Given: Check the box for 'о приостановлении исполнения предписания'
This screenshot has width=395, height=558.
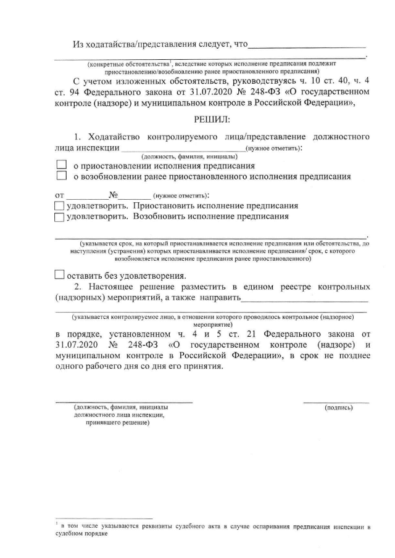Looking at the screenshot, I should click(61, 166).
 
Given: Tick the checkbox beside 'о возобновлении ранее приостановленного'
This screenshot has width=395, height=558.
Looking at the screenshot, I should click(61, 176).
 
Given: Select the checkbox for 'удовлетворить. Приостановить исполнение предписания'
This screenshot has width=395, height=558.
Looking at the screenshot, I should click(59, 206).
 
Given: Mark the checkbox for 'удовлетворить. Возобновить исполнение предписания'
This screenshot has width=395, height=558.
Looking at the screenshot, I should click(59, 217).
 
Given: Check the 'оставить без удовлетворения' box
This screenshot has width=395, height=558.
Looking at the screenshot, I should click(59, 275).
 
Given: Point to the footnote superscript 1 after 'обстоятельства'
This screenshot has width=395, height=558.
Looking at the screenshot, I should click(170, 62).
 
